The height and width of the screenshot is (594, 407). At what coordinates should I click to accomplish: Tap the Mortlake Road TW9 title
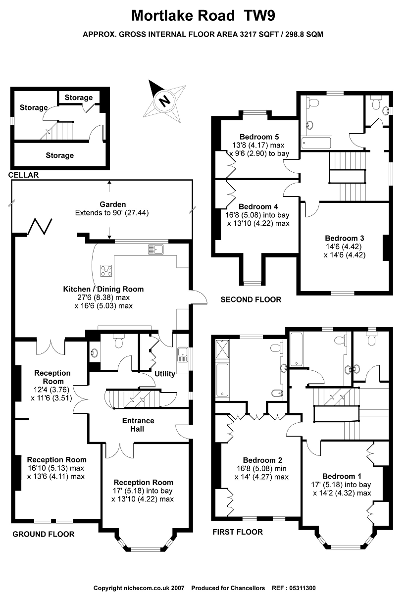coord(203,16)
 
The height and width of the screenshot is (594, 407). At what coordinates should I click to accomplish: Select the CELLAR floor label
coord(23,175)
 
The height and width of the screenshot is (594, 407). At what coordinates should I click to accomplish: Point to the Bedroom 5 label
coord(256,137)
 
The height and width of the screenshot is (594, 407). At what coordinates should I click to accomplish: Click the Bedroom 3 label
coord(342,238)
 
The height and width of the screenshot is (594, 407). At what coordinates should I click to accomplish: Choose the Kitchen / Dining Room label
coord(103,289)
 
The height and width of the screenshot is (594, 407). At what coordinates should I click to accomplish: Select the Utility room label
coord(164,374)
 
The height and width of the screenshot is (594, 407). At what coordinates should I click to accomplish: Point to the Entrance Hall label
coord(138,425)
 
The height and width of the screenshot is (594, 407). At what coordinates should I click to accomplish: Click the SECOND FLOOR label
coord(251,299)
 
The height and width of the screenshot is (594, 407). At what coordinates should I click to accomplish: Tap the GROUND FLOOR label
coord(44,534)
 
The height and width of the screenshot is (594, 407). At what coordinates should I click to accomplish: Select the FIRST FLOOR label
coord(237,532)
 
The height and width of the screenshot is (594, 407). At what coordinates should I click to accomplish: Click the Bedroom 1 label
coord(339,476)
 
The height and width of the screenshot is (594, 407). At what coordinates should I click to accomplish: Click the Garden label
coord(112,204)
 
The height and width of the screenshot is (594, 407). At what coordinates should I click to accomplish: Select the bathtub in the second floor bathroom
coord(315,144)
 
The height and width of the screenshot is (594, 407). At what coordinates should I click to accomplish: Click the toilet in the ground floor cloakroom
coord(119,342)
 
